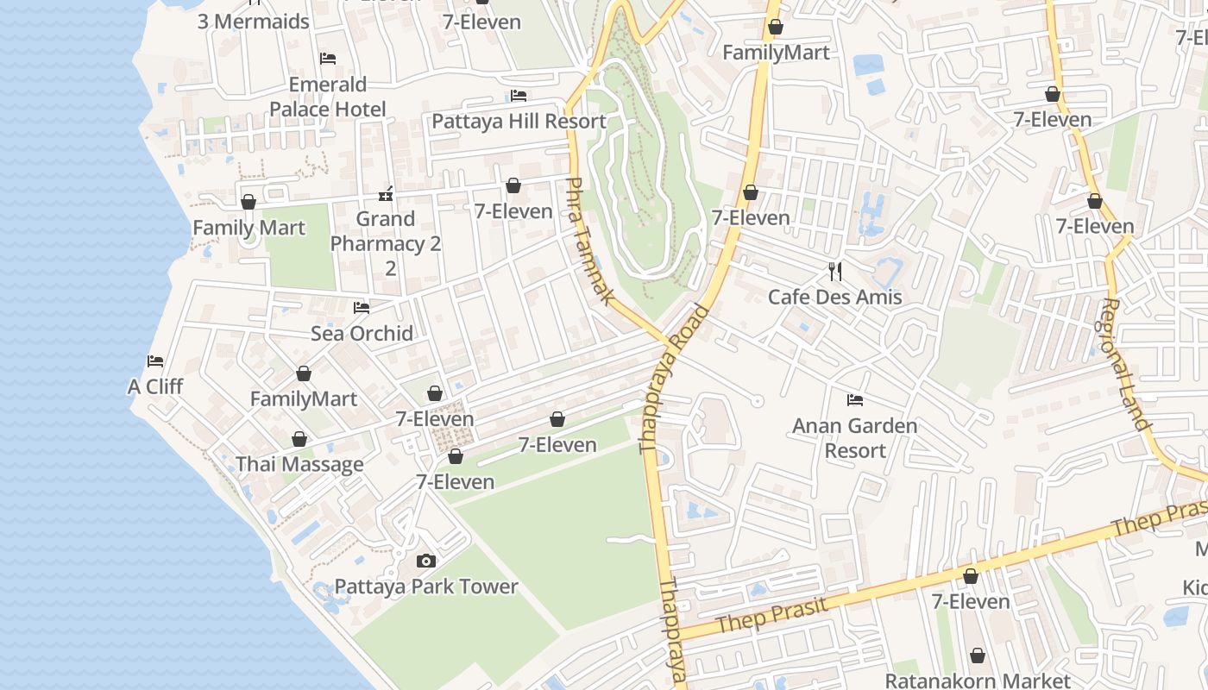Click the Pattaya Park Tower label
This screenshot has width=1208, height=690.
(426, 586)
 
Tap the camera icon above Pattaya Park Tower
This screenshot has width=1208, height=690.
(425, 561)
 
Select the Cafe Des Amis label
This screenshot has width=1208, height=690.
(834, 297)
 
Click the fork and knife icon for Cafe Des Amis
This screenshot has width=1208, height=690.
(834, 272)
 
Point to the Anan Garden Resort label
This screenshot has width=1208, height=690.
(854, 438)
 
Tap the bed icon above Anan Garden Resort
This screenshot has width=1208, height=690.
(855, 400)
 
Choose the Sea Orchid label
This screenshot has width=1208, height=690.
(362, 333)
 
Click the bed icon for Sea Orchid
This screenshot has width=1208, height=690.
(362, 308)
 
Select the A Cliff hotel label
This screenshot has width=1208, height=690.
(155, 386)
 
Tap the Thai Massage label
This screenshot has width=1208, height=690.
(299, 464)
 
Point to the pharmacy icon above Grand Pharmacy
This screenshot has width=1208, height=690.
(386, 193)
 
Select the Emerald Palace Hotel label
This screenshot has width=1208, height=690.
(327, 97)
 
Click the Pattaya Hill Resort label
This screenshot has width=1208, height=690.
(519, 121)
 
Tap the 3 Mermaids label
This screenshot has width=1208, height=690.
(253, 22)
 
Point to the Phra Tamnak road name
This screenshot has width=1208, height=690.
(588, 241)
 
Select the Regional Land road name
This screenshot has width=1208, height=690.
(1126, 364)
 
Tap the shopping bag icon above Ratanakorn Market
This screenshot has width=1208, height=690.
(978, 656)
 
